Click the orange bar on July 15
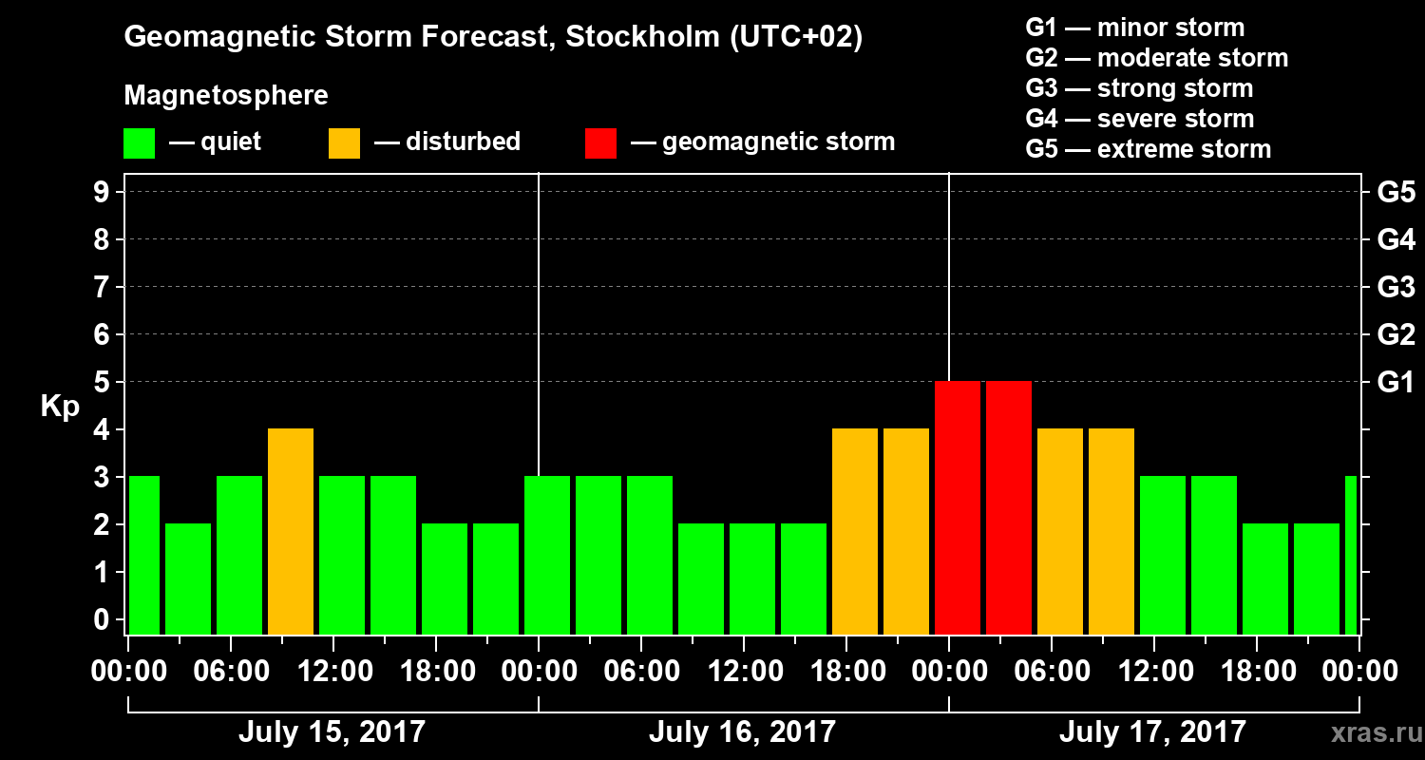point(291,532)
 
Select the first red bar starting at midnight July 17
point(958,508)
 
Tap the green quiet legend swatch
point(139,143)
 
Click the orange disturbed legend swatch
point(344,143)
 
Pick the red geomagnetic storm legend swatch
point(600,143)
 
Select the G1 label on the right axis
point(1396,383)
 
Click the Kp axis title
point(60,407)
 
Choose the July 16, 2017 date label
point(742,731)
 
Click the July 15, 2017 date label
point(332,731)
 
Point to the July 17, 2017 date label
point(1152,731)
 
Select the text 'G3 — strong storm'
point(1139,88)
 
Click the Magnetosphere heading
point(226,96)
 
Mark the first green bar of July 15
point(144,556)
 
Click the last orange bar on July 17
point(1111,532)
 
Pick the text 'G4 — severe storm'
point(1140,119)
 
